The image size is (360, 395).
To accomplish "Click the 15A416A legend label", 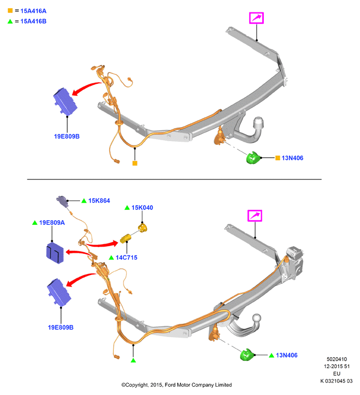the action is point(33,11).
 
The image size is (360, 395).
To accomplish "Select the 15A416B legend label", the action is point(33,21).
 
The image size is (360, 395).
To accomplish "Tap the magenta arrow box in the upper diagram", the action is point(257,18).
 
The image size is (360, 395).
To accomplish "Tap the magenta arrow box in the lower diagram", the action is point(254,216).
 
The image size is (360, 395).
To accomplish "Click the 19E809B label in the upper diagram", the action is point(67,136).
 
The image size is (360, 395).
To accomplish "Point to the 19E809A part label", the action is point(52,223).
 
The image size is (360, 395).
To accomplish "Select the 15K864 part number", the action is point(99,201).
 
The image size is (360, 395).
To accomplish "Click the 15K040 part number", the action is point(142,208).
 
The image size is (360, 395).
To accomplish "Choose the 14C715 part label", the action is point(127,257).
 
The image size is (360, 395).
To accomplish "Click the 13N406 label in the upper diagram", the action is point(292,158).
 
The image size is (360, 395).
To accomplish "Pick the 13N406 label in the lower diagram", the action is point(287,356).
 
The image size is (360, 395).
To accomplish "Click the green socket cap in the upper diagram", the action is point(253,158).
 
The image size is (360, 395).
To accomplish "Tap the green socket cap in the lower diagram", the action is point(247,355).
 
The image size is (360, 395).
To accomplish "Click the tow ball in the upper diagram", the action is point(259,123).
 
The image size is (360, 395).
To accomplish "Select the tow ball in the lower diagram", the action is point(257,318).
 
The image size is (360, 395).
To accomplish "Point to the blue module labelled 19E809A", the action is point(55,253).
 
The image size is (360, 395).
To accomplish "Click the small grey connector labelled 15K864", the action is point(62,201).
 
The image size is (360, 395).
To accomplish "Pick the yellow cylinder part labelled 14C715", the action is point(125,238).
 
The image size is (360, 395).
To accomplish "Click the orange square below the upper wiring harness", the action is point(135,163).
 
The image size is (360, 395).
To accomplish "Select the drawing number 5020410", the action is point(337,359).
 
